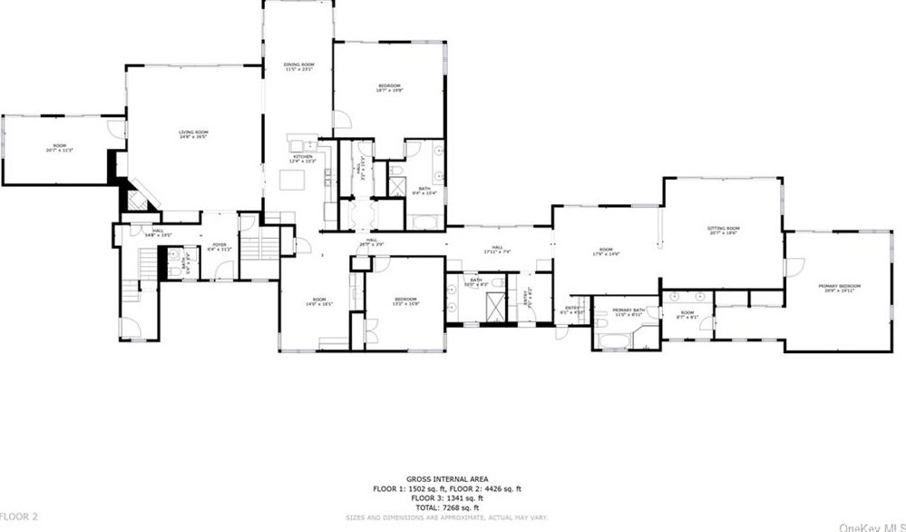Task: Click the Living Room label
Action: (x=193, y=134)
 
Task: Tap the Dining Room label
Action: (x=298, y=67)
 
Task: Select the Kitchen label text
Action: (x=302, y=159)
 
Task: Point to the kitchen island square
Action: (x=292, y=180)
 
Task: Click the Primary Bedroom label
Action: (x=843, y=288)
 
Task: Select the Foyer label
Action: (x=219, y=246)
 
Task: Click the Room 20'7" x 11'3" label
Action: (x=60, y=147)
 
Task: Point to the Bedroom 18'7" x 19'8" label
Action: (x=389, y=88)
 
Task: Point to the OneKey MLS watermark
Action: (x=871, y=525)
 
